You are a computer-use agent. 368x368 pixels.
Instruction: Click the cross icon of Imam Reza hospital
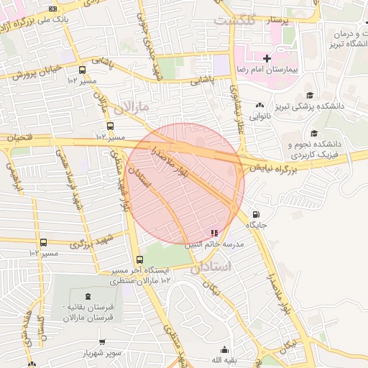point(267,57)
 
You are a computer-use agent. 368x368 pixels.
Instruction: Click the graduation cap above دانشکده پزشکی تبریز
point(310,95)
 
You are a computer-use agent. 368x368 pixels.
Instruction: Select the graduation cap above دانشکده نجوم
point(314,133)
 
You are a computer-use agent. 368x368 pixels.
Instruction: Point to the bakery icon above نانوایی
point(259,105)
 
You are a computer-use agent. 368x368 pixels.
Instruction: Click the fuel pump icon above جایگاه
point(257,215)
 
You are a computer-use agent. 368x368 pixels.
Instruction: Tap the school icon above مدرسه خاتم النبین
point(213,233)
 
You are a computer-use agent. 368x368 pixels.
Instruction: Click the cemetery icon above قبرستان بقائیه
point(88,296)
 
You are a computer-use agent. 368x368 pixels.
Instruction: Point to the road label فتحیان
point(21,137)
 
